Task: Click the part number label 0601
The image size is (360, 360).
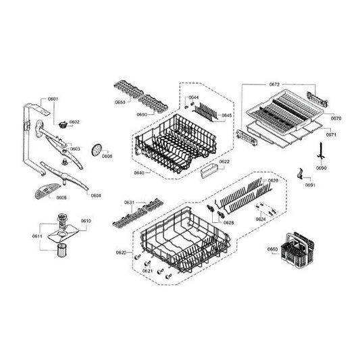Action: click(53, 99)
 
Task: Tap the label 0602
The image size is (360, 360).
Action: click(74, 122)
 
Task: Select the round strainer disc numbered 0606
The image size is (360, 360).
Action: click(102, 147)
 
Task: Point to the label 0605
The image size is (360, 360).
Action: click(61, 198)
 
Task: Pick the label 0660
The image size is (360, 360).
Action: click(273, 250)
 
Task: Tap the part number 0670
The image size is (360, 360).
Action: click(336, 118)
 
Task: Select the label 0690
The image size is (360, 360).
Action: click(322, 168)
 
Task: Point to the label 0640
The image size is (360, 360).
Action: click(139, 173)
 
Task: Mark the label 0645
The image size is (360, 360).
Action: click(227, 115)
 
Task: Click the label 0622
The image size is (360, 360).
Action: click(224, 162)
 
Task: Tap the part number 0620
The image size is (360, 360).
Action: click(121, 252)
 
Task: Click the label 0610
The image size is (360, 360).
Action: click(86, 221)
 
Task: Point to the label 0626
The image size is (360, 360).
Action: click(273, 181)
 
